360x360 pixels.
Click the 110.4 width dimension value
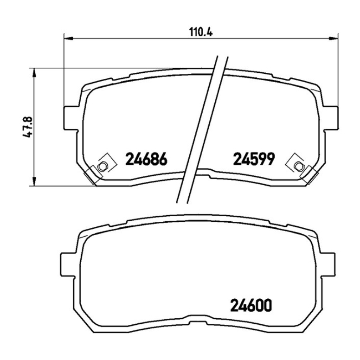coord(201,32)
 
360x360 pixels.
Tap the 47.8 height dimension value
coord(27,127)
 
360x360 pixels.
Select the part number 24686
coord(146,159)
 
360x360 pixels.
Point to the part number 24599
coord(254,159)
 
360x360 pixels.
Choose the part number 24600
coord(251,305)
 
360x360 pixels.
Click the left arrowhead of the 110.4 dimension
coord(68,39)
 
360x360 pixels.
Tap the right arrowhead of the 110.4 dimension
coord(334,39)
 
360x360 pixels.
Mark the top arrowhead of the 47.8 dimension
coord(34,73)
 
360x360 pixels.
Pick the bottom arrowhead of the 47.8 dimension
coord(34,181)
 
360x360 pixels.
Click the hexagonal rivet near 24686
coord(102,166)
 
